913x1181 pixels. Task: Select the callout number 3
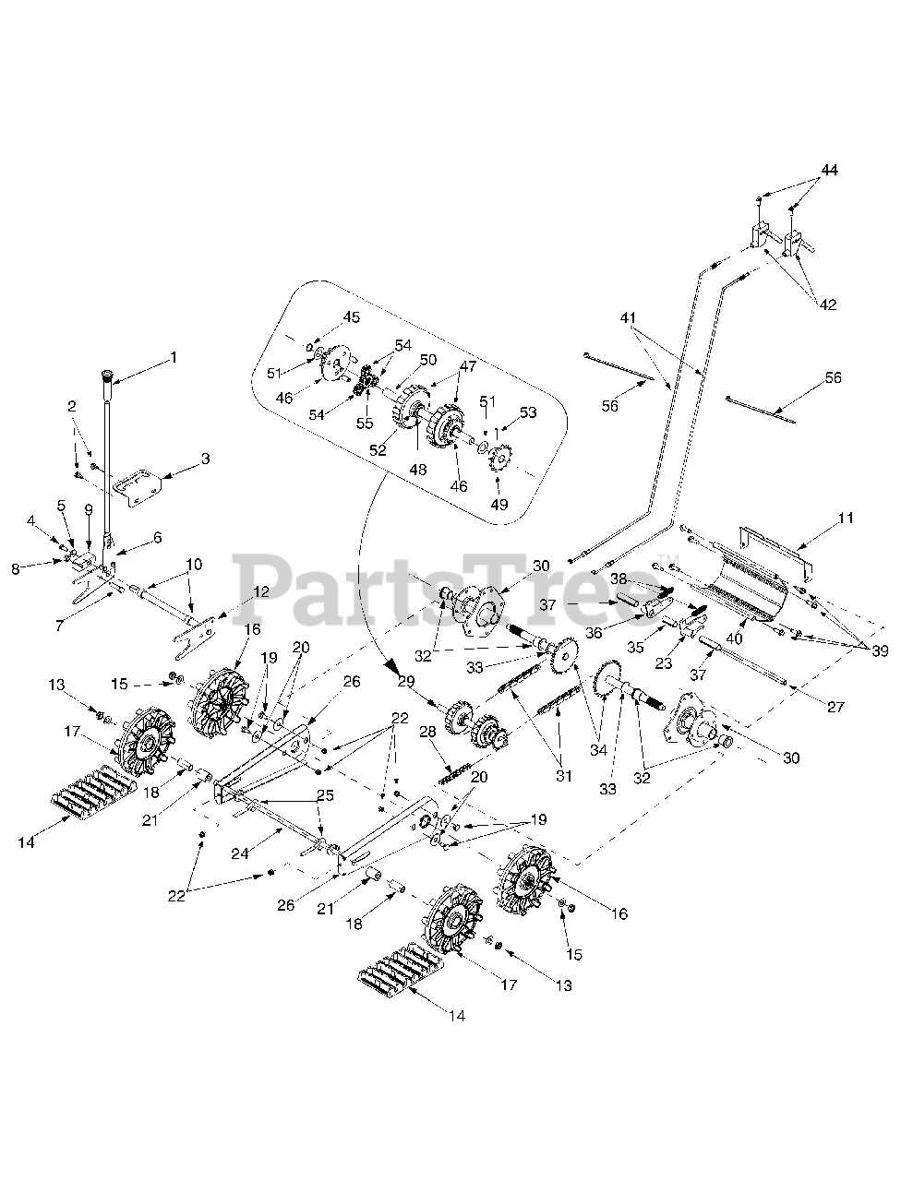click(205, 458)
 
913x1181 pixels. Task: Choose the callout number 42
click(828, 304)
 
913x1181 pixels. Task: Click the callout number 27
click(835, 708)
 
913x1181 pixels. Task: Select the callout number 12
click(260, 591)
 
